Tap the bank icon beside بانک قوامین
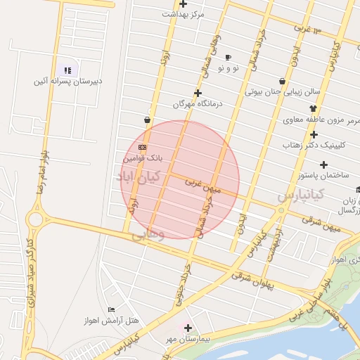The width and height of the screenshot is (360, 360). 143,147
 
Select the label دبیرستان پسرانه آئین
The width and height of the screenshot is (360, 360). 68,82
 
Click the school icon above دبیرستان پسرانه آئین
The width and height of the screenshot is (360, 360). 67,70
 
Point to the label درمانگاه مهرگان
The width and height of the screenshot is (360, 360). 198,104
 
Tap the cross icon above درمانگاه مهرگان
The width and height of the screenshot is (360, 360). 198,93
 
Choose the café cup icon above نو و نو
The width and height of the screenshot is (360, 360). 228,57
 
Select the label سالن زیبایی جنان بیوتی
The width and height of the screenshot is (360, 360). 283,91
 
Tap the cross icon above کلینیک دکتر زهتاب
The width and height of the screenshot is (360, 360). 314,134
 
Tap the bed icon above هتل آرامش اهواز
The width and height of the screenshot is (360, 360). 111,310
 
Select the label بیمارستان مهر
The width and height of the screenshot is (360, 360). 188,340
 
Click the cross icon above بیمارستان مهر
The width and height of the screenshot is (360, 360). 188,328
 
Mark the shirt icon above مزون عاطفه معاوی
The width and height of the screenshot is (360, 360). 313,108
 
